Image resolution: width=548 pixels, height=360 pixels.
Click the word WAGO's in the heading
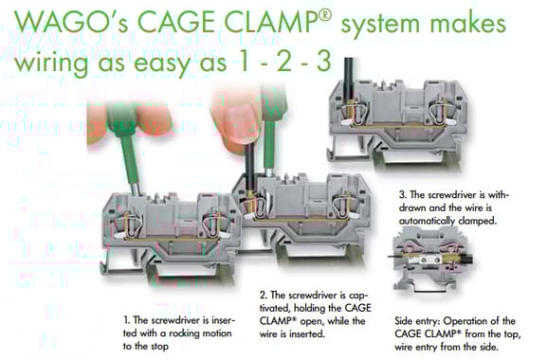71,23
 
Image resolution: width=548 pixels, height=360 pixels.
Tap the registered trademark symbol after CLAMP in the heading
324,15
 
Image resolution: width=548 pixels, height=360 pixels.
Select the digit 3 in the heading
323,60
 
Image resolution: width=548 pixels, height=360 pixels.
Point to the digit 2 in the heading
283,60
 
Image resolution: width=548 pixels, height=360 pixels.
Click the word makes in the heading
468,24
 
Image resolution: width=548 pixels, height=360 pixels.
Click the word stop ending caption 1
159,347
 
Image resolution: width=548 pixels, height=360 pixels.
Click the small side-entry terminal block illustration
430,260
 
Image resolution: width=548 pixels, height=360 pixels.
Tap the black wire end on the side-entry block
466,260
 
